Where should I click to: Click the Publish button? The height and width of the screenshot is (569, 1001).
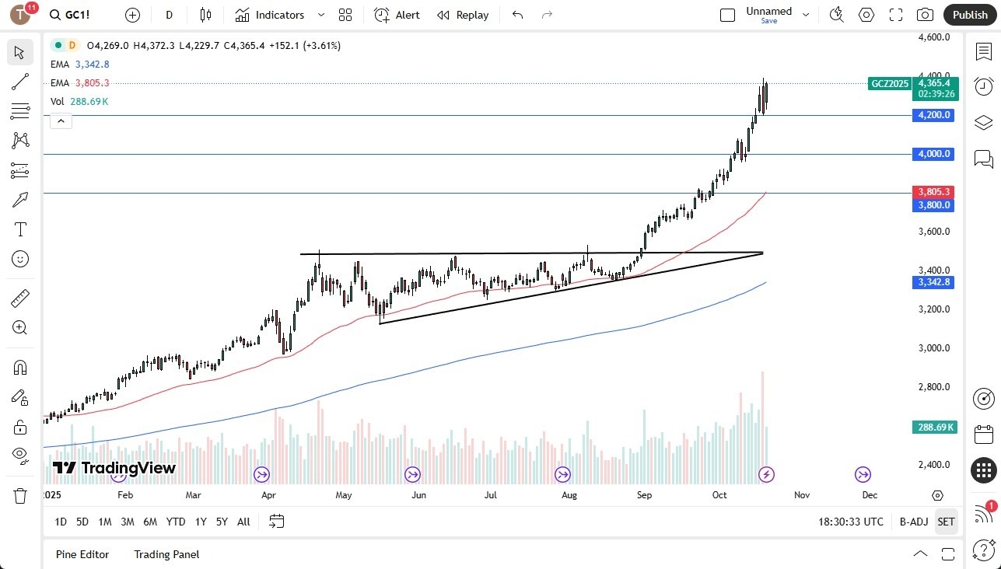[x=970, y=15]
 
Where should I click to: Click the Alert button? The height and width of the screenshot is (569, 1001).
[x=397, y=15]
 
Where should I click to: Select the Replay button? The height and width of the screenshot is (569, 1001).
[x=464, y=15]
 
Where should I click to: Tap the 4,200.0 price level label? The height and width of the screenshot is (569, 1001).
[x=934, y=115]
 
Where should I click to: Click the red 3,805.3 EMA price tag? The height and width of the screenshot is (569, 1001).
[x=934, y=191]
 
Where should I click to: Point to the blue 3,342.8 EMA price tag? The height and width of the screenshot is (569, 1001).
[x=934, y=282]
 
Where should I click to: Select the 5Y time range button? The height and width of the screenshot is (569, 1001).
[x=222, y=522]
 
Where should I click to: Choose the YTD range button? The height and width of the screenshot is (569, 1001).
[x=176, y=522]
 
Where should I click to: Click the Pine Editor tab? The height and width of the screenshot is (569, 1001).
[x=82, y=554]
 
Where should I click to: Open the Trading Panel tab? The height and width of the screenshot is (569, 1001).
[x=166, y=554]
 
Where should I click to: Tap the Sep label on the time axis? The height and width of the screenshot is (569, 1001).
[x=644, y=494]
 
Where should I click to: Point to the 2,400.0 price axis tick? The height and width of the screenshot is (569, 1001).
[x=934, y=465]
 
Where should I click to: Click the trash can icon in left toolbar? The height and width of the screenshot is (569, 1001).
[x=20, y=495]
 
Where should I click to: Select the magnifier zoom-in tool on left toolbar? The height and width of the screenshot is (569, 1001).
[x=20, y=328]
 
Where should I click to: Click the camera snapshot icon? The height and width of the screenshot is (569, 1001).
[x=925, y=15]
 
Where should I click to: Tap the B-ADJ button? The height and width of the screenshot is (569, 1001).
[x=913, y=522]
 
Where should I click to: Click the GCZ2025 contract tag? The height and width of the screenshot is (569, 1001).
[x=889, y=84]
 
